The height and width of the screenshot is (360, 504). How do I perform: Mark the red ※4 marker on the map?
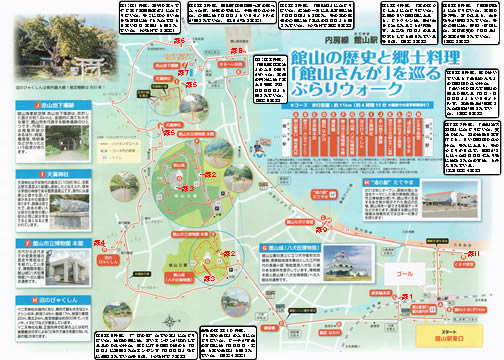pyautogui.click(x=100, y=242)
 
